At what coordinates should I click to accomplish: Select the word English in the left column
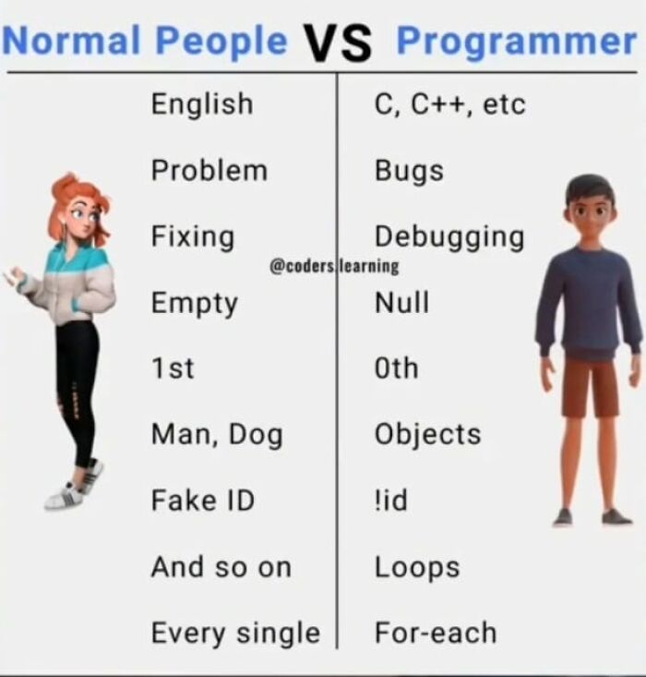click(201, 104)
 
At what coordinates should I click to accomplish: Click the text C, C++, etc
click(449, 104)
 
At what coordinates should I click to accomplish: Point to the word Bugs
click(409, 171)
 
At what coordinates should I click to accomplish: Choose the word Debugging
click(449, 237)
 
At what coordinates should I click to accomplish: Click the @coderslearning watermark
click(334, 266)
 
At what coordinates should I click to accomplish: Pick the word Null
click(401, 303)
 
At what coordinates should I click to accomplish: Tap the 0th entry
click(396, 369)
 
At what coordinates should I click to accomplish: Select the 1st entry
click(173, 369)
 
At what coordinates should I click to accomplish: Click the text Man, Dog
click(216, 435)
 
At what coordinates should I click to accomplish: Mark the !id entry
click(390, 501)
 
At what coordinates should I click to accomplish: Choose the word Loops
click(416, 567)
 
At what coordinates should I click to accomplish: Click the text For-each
click(435, 633)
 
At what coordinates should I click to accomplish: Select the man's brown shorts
click(590, 386)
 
